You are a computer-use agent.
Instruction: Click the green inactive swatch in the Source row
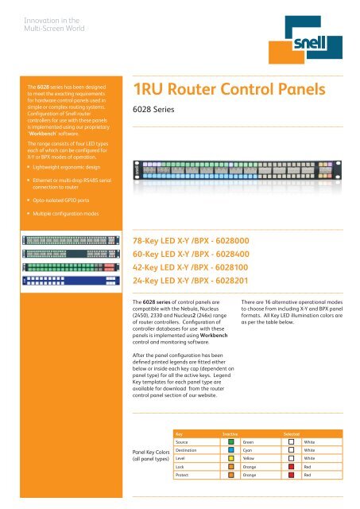point(230,441)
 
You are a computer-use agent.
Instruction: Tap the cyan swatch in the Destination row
point(230,450)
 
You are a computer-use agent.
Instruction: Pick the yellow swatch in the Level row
point(230,459)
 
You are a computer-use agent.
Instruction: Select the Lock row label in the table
point(181,468)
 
